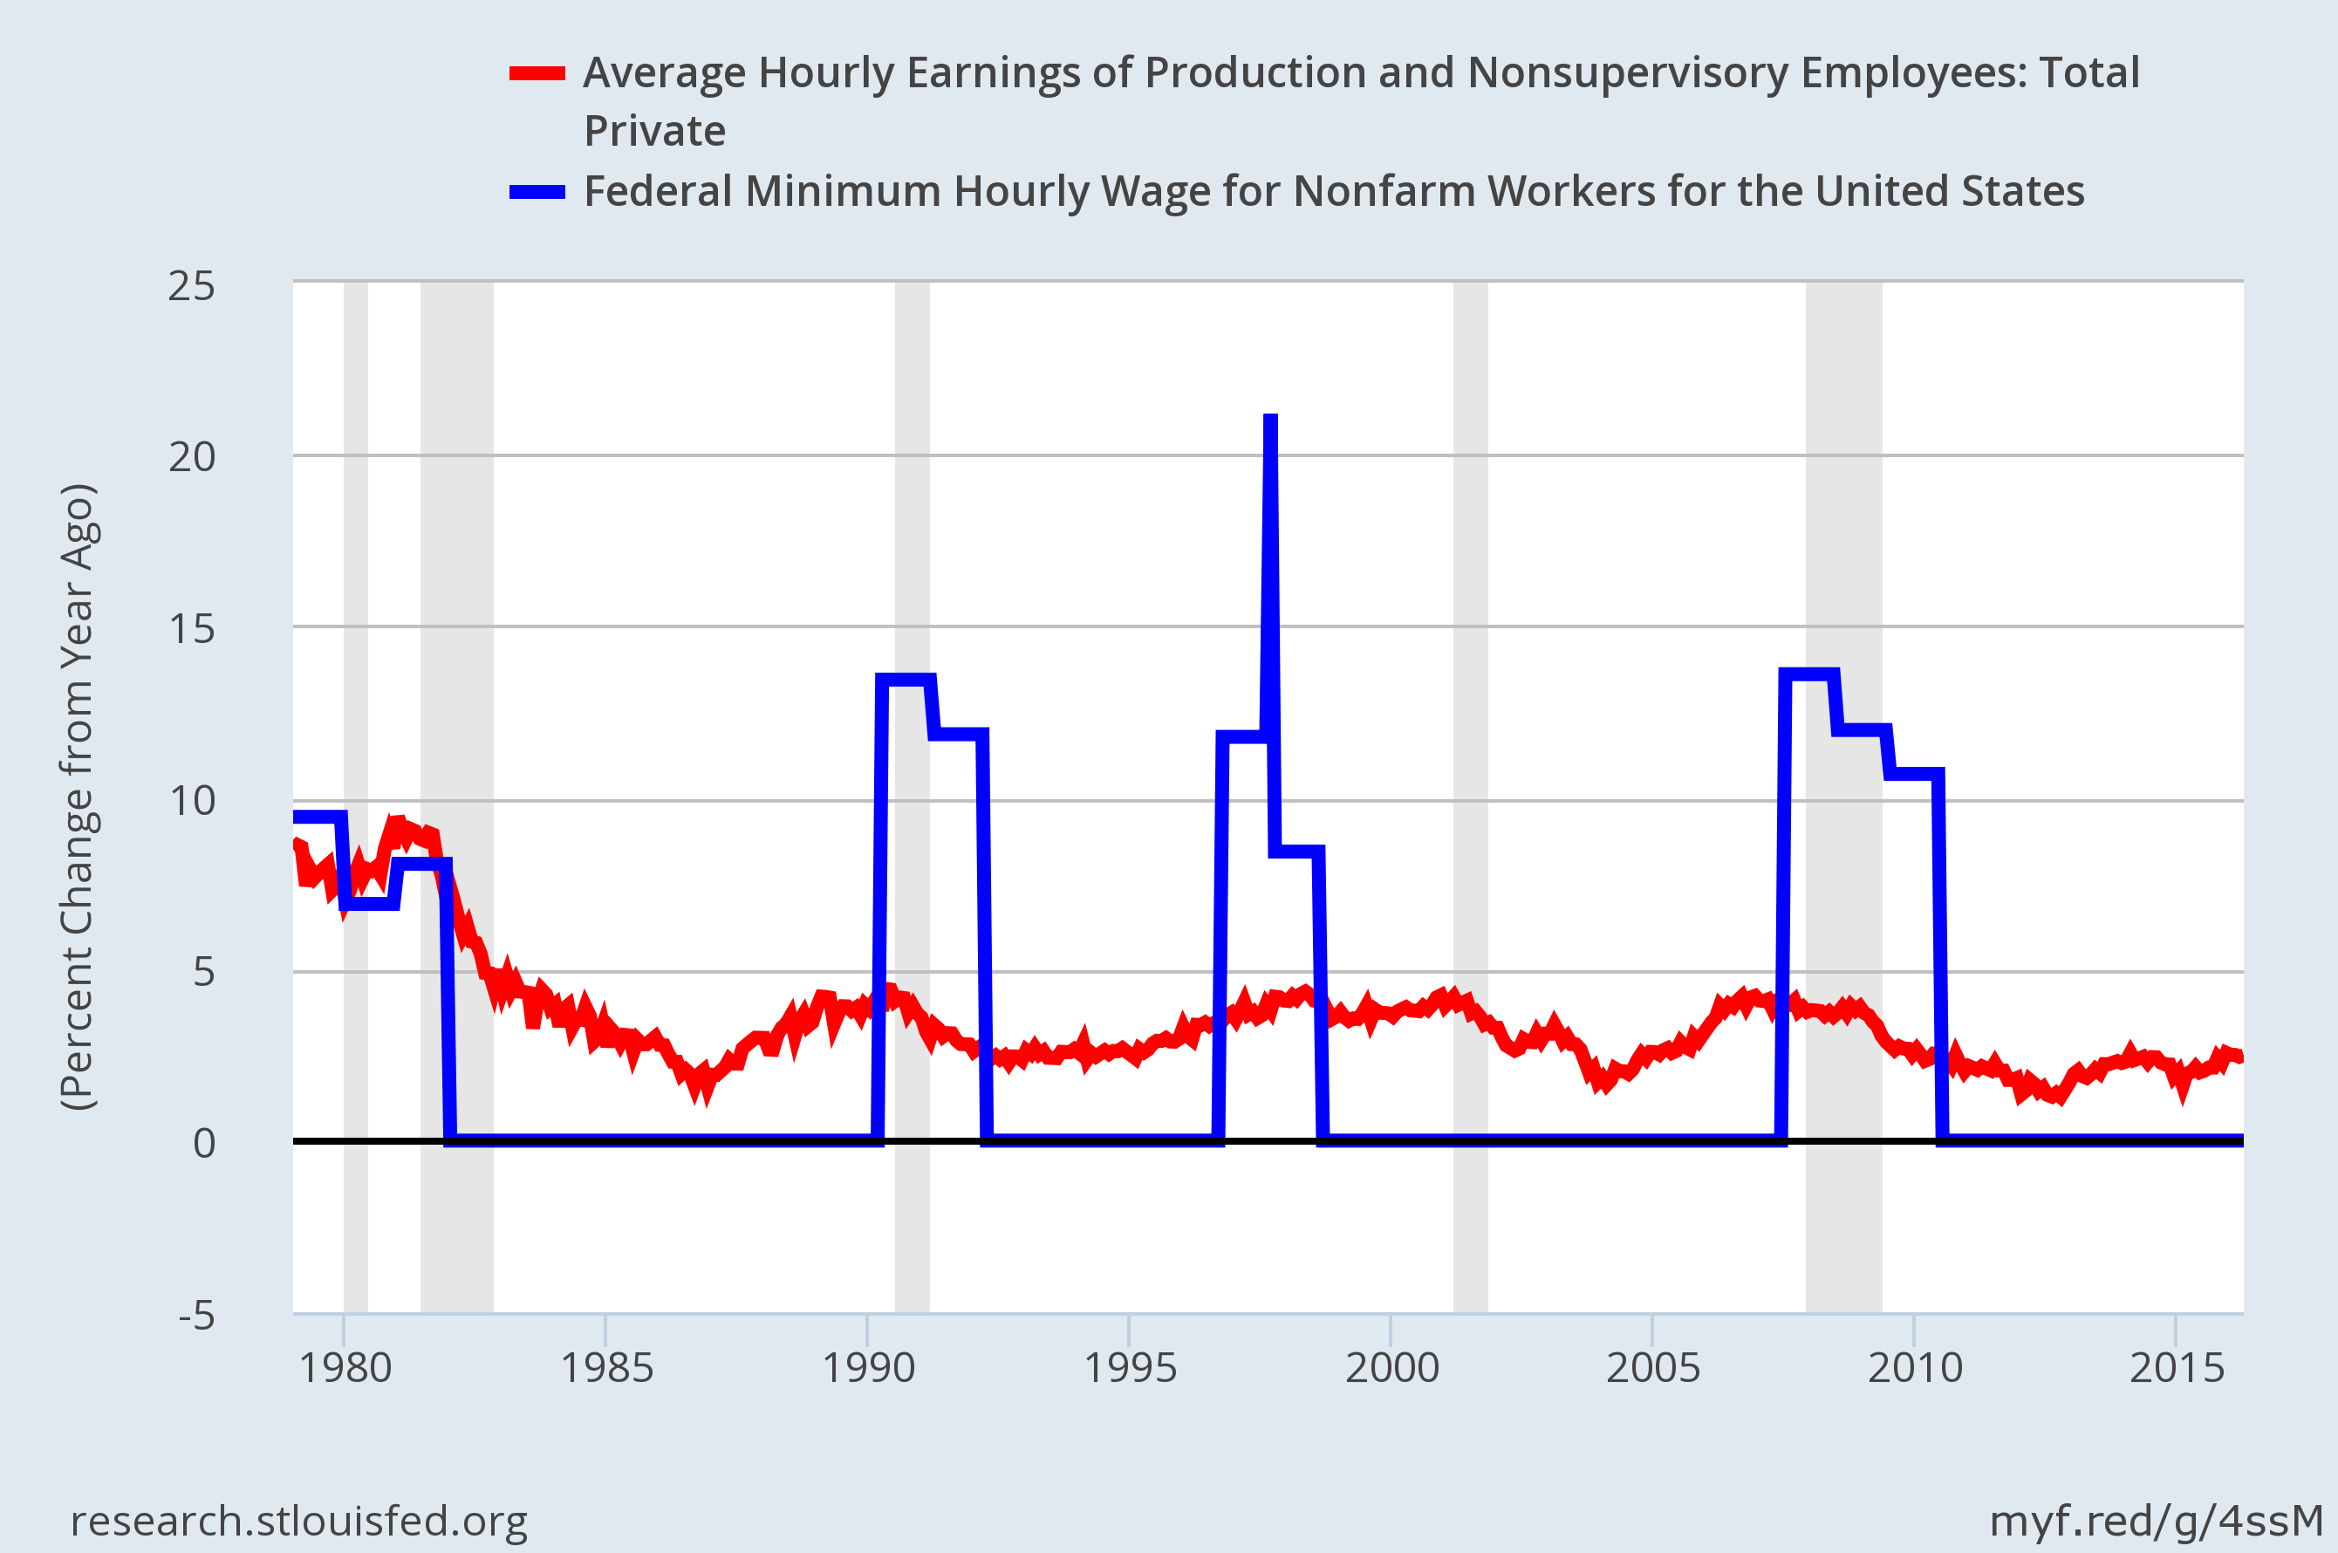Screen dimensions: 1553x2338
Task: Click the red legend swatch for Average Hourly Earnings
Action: (537, 73)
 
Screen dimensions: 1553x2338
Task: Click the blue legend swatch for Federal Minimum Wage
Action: (537, 192)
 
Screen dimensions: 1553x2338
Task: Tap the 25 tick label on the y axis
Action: (191, 286)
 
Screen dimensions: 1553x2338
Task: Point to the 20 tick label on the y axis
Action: (191, 456)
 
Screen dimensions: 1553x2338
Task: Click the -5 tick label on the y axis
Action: (196, 1316)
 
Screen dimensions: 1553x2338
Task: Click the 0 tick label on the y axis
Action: (204, 1143)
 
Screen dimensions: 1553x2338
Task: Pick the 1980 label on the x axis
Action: (345, 1368)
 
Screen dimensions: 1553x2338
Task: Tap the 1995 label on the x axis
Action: (1130, 1368)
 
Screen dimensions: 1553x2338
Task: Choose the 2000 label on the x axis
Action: (1391, 1368)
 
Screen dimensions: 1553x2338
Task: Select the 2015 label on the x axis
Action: (2177, 1368)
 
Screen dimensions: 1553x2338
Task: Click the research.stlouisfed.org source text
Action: (299, 1521)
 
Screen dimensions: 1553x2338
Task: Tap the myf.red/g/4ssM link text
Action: (2156, 1521)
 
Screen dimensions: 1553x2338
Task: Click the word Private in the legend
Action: (654, 132)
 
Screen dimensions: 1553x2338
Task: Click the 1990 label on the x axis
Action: (868, 1368)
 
